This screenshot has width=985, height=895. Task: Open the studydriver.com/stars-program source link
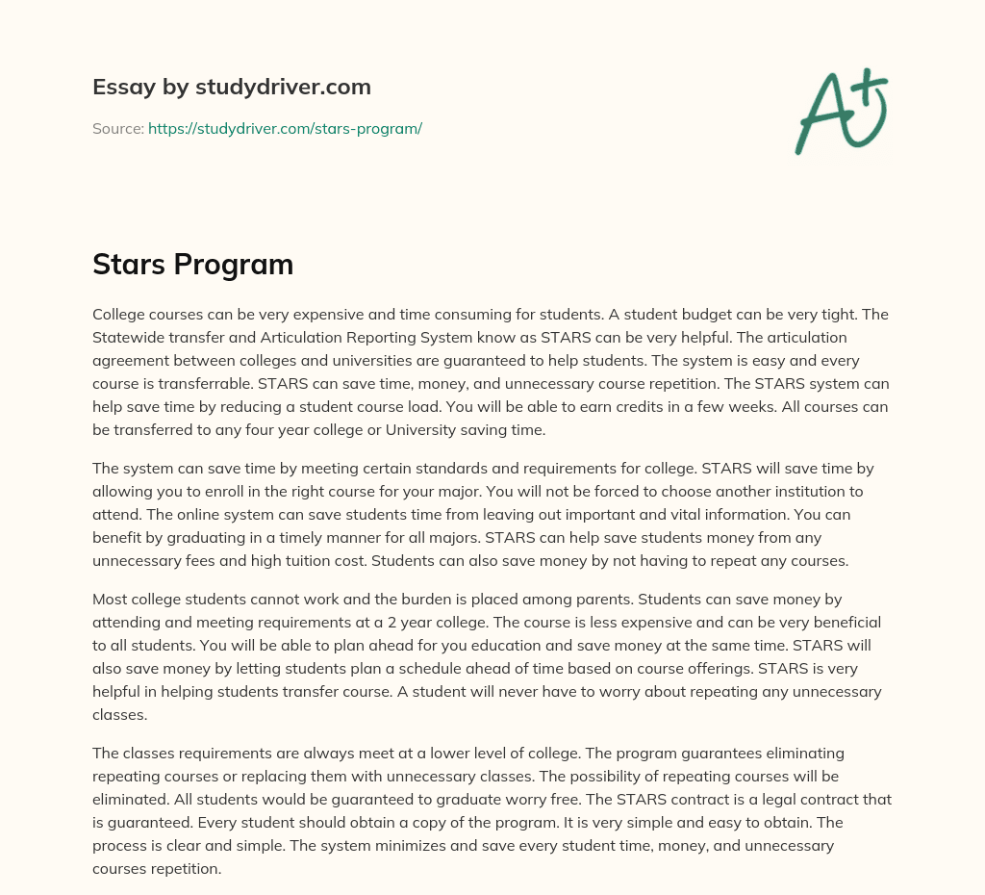[285, 128]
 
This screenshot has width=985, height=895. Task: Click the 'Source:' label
[118, 128]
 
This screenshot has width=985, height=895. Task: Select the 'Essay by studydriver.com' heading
[232, 87]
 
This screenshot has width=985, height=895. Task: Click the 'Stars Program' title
[192, 265]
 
